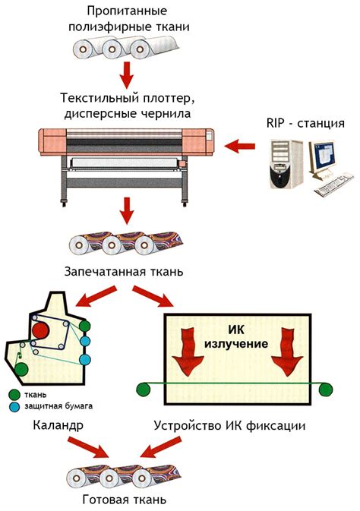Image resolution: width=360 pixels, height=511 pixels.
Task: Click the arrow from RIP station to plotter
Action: (242, 145)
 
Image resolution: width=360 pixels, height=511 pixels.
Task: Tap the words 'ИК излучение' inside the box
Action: (238, 337)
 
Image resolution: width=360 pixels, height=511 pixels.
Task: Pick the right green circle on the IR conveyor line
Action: (327, 390)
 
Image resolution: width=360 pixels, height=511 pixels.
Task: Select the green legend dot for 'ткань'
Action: (15, 395)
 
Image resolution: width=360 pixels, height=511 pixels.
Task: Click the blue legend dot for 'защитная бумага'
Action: (15, 407)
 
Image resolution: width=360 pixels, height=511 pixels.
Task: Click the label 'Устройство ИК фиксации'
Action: (229, 426)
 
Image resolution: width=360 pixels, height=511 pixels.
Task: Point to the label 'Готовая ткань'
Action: (124, 500)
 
